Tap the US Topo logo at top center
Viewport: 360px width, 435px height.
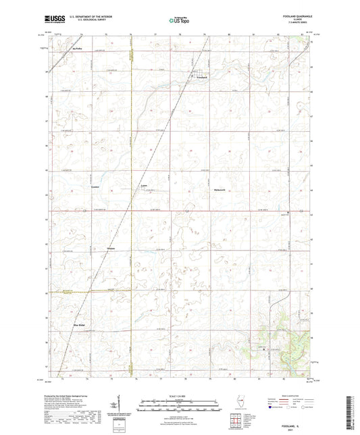179,20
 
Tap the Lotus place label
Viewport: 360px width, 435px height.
143,184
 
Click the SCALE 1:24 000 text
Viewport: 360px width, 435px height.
179,394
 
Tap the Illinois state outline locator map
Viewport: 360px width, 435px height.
240,404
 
